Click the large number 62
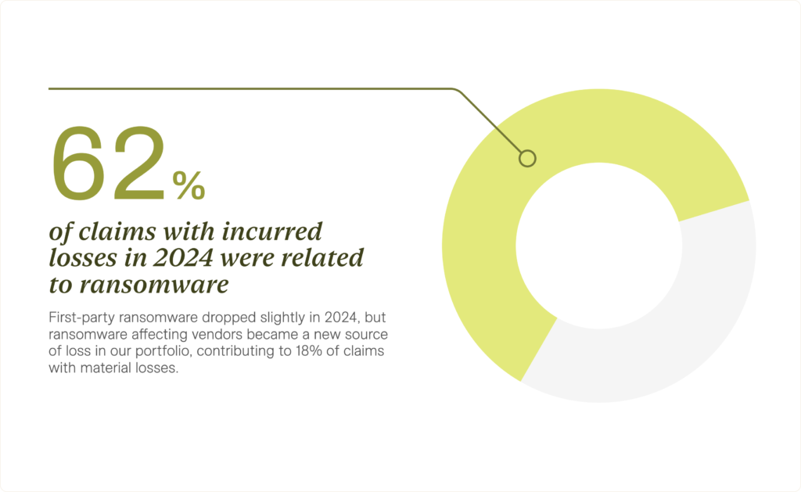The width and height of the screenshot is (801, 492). pyautogui.click(x=109, y=163)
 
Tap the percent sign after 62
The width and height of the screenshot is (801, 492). pyautogui.click(x=189, y=185)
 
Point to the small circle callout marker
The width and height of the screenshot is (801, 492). pyautogui.click(x=527, y=158)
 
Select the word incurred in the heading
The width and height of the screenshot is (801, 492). pyautogui.click(x=272, y=232)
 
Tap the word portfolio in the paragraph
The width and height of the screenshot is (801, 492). pyautogui.click(x=164, y=352)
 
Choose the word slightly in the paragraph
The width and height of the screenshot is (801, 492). pyautogui.click(x=282, y=318)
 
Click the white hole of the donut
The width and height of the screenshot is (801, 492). pyautogui.click(x=598, y=246)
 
